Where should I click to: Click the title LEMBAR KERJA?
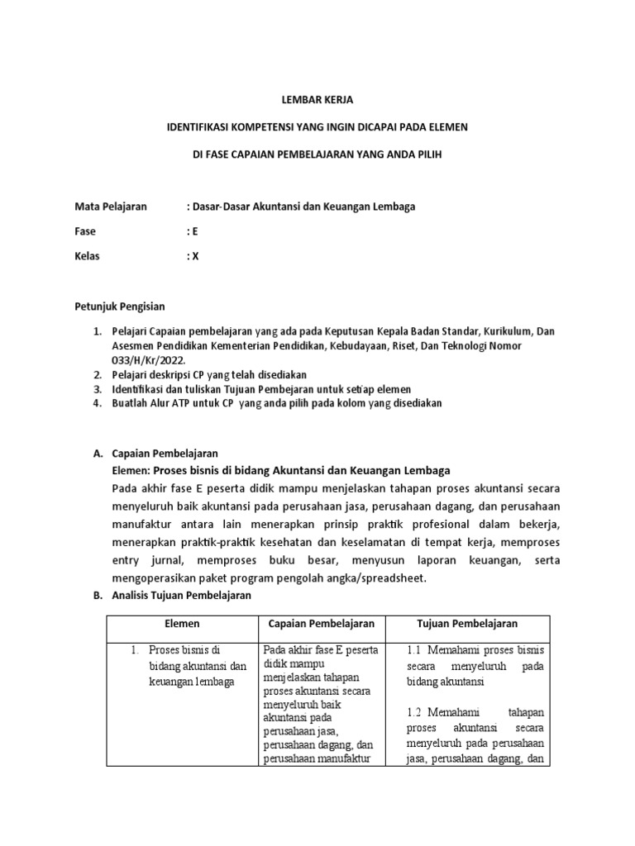coord(317,100)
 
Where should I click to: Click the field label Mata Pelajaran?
coord(110,207)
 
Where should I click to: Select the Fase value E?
coord(195,232)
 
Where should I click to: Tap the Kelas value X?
coord(195,256)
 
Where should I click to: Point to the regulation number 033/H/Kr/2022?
coord(149,360)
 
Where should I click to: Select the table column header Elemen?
coord(182,624)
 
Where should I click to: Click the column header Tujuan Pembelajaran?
coord(467,624)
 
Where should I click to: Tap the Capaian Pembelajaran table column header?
coord(322,624)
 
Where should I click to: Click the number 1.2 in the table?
coord(416,712)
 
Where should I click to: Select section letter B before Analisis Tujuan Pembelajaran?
coord(96,596)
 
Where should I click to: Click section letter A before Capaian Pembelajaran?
coord(96,454)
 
